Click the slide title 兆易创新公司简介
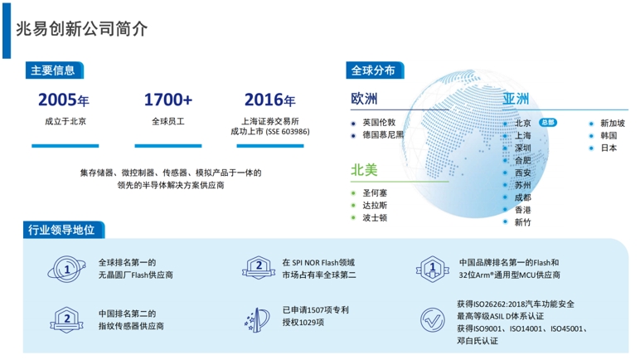(x=81, y=28)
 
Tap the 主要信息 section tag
(x=54, y=71)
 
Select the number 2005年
(x=64, y=100)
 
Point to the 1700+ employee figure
(x=168, y=100)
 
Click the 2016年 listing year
(x=269, y=100)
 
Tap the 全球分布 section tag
(x=375, y=71)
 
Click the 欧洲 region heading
(x=364, y=99)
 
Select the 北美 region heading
(x=364, y=169)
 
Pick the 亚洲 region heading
(x=516, y=99)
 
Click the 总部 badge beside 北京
(x=548, y=122)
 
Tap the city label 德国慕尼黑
(x=383, y=135)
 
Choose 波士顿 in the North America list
(x=375, y=218)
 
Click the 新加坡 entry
(x=613, y=123)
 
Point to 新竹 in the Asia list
(x=522, y=222)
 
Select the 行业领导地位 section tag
(x=63, y=230)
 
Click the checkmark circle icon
(x=432, y=320)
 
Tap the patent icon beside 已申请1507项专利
(x=257, y=319)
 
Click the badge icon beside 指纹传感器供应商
(x=67, y=319)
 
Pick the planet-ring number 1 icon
(x=66, y=269)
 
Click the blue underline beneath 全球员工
(x=168, y=146)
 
